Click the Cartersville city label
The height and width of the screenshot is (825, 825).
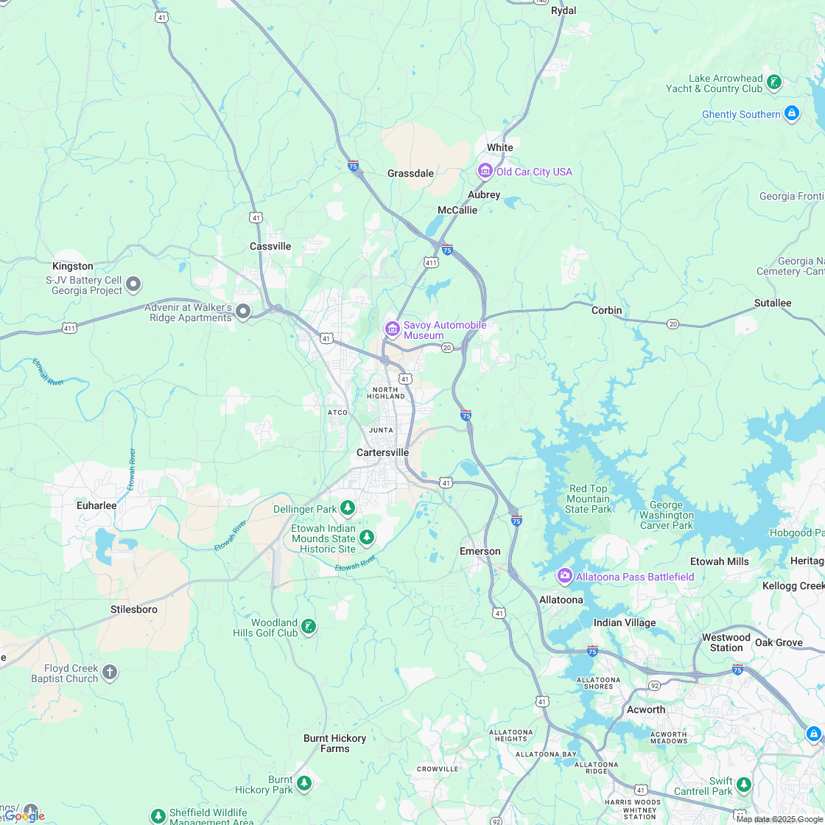382,452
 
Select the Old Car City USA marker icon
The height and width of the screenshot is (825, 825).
485,171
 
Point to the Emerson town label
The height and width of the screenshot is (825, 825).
480,551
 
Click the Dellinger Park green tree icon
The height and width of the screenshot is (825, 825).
348,508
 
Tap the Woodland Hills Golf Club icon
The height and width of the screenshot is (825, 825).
309,627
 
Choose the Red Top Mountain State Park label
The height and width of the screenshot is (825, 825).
589,499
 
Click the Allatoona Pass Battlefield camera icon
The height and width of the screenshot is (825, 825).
565,576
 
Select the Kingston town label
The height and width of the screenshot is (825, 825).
73,266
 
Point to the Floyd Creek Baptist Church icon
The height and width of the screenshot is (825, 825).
110,672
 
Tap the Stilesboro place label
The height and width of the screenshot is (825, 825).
134,609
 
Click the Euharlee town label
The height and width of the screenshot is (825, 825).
96,505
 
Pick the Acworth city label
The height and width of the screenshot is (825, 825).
645,709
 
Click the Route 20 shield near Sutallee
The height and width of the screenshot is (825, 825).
673,324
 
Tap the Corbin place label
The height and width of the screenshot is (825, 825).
606,310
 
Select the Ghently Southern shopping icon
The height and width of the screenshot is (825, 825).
792,113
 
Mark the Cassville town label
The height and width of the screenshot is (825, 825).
270,246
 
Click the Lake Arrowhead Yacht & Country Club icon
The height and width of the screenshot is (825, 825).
773,82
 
